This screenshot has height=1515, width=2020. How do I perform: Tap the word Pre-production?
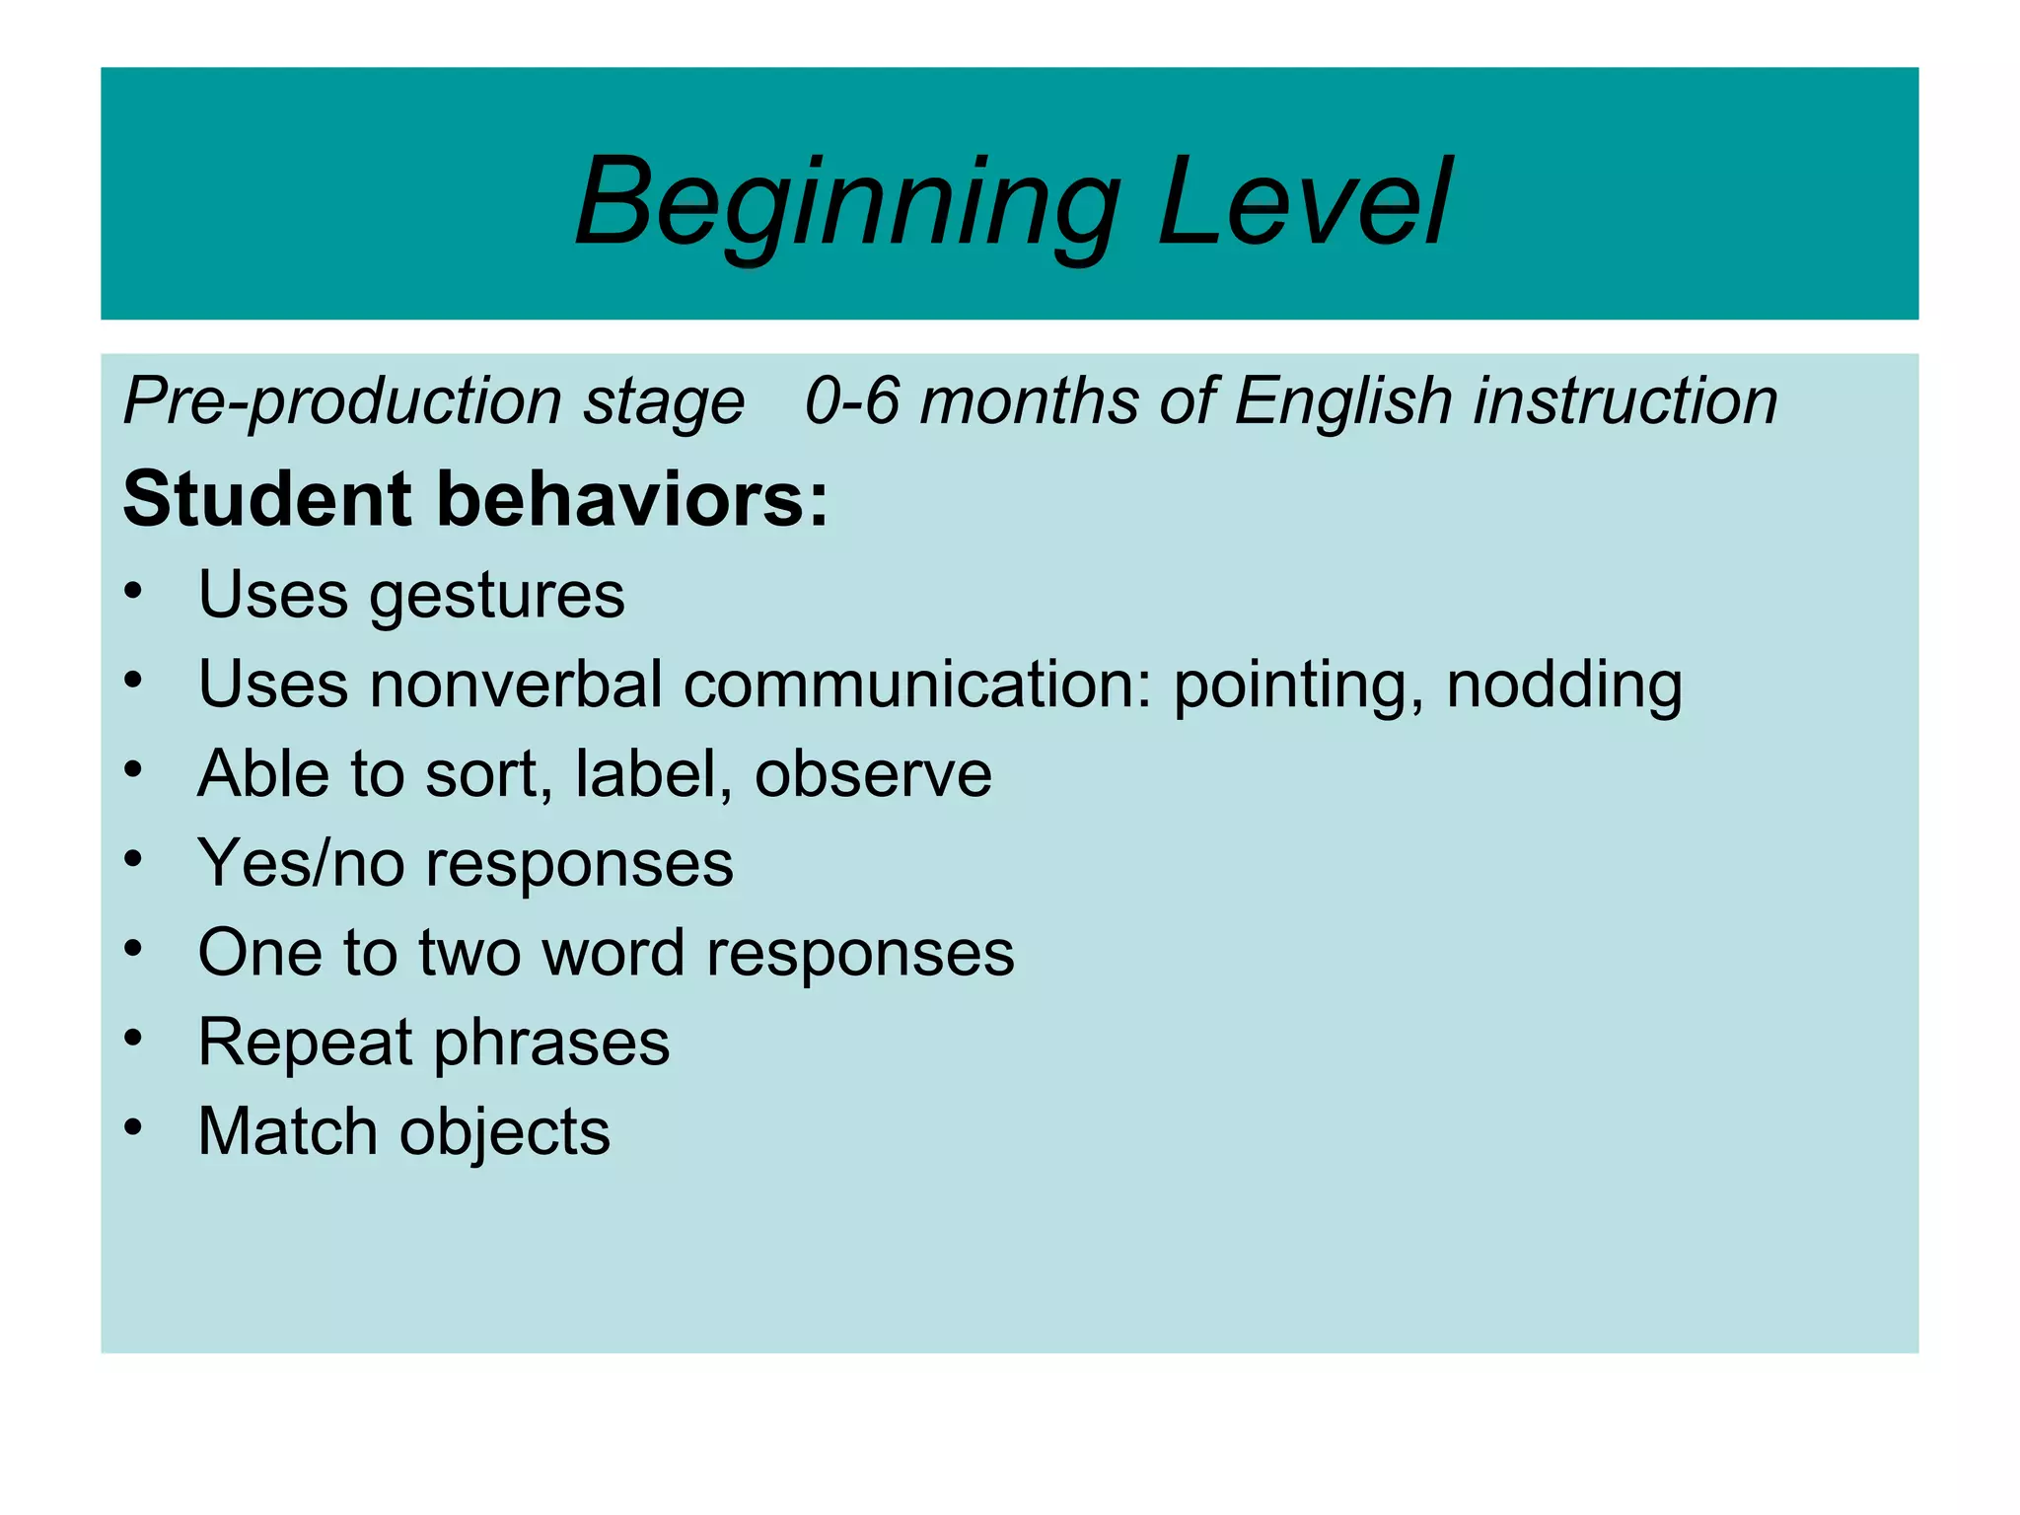pyautogui.click(x=341, y=402)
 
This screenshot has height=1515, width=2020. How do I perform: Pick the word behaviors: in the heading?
pyautogui.click(x=632, y=498)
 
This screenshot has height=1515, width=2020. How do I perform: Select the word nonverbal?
pyautogui.click(x=515, y=684)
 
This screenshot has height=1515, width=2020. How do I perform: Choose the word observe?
pyautogui.click(x=873, y=773)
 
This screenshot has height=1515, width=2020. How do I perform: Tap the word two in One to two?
pyautogui.click(x=469, y=953)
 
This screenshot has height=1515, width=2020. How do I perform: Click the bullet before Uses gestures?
pyautogui.click(x=134, y=590)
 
